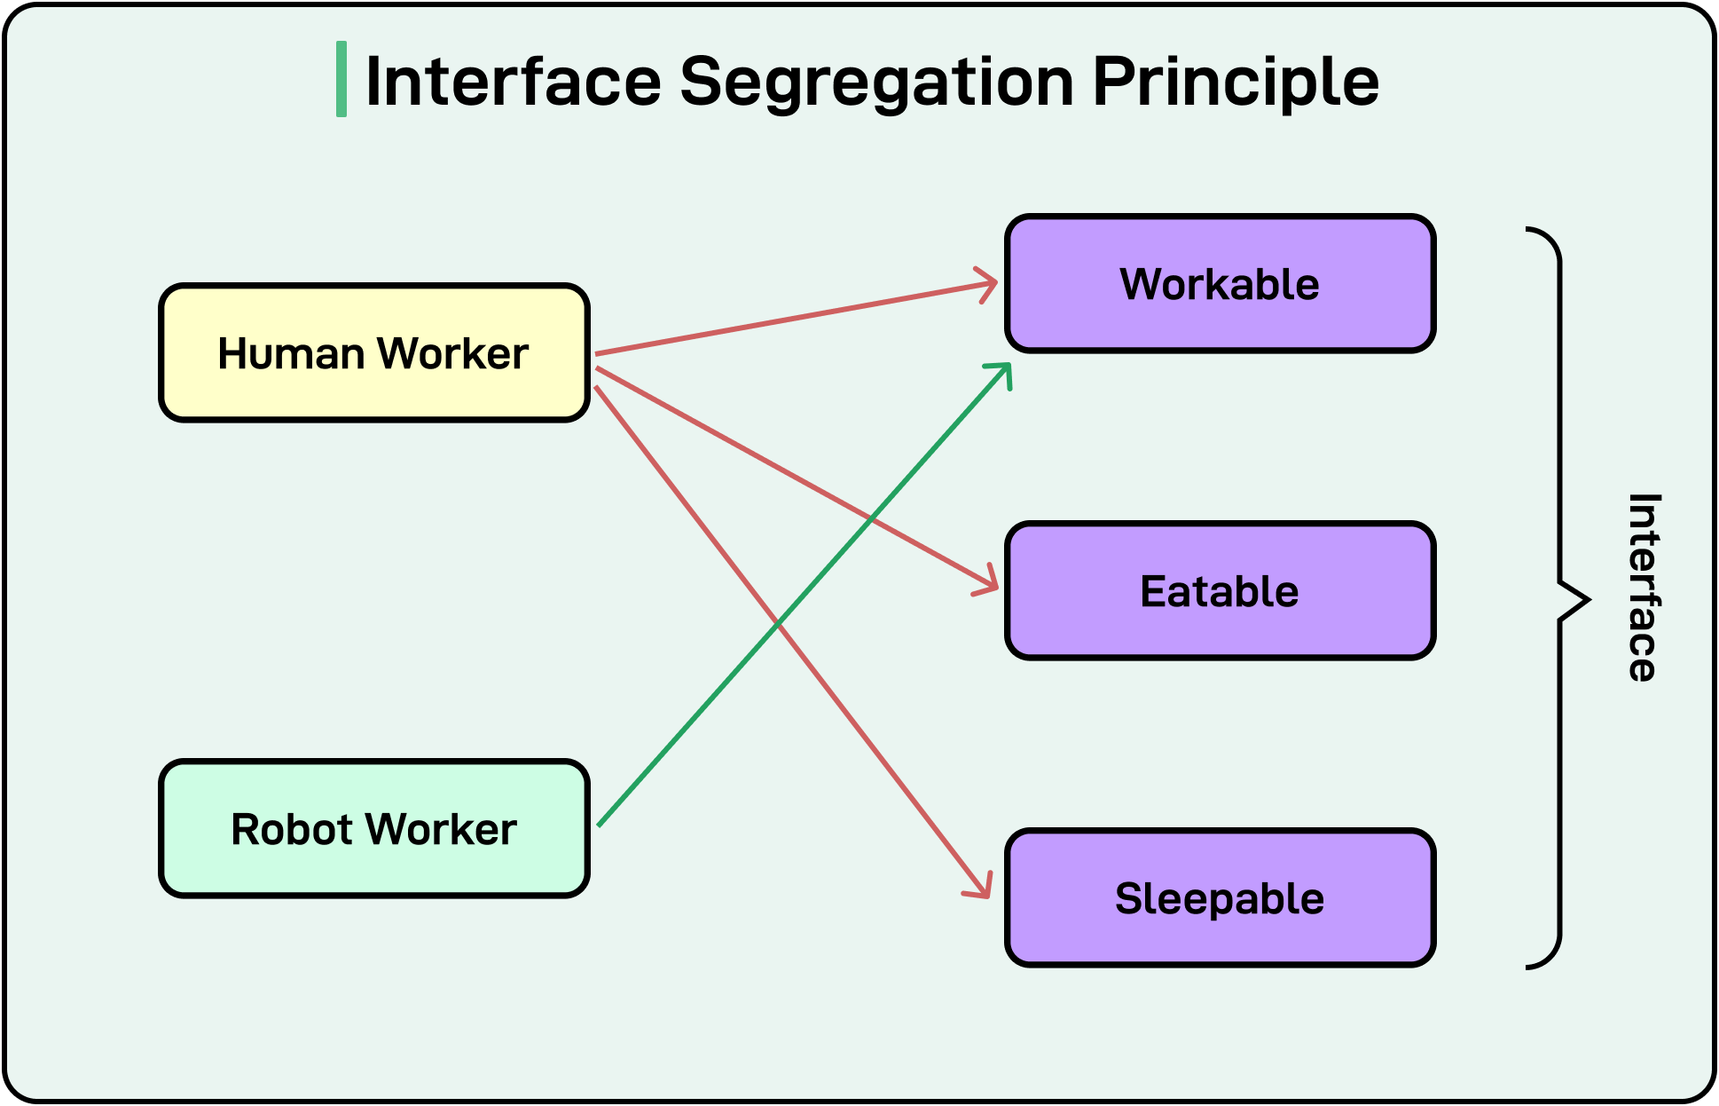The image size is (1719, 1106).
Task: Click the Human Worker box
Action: pos(373,352)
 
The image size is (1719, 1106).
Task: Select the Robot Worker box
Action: pos(373,828)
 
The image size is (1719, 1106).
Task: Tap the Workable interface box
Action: pos(1220,284)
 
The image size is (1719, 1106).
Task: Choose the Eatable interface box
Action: pos(1220,591)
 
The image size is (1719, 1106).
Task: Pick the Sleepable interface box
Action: pos(1220,898)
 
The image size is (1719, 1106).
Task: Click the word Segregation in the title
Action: pos(876,82)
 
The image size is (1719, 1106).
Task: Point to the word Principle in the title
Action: pos(1235,82)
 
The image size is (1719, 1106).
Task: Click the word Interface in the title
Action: pos(513,82)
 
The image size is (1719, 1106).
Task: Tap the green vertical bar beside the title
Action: pos(341,79)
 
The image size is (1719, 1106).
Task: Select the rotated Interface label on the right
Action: pos(1643,588)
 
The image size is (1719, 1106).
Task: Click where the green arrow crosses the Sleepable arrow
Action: pos(778,625)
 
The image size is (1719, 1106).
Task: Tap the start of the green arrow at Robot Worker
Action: pos(600,824)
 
